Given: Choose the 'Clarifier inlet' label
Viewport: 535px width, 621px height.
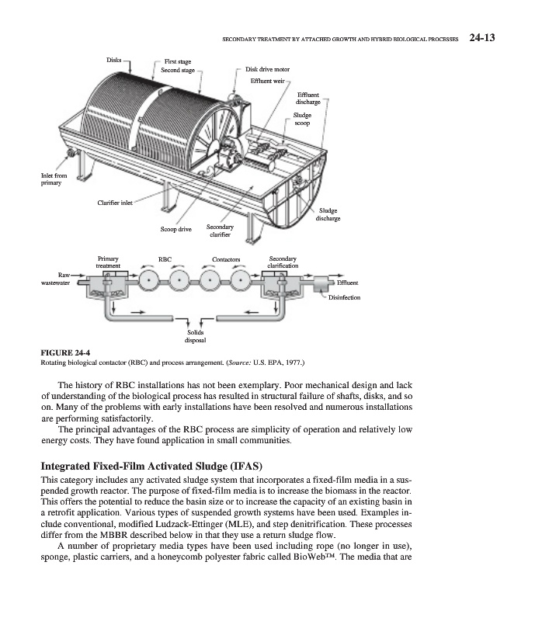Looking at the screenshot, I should (x=115, y=203).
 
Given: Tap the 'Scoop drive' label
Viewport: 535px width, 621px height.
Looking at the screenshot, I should (x=175, y=230).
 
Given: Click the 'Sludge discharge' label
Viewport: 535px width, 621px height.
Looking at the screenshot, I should (x=328, y=214).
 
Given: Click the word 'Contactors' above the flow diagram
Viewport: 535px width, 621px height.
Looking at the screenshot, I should (x=227, y=259).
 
